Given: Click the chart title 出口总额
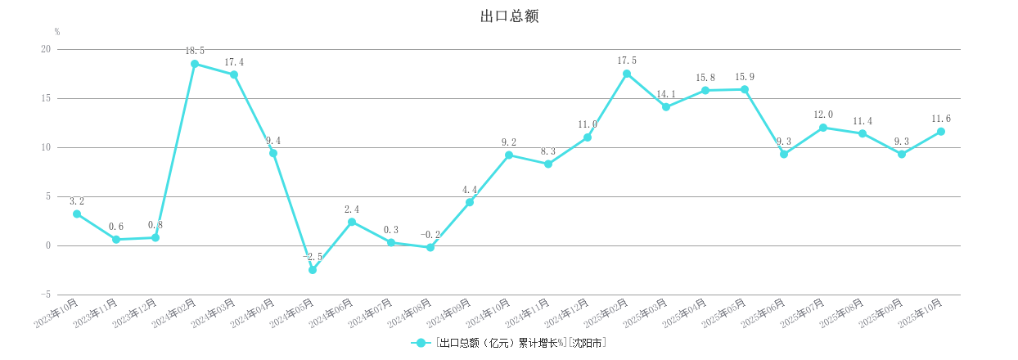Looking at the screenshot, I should pyautogui.click(x=509, y=16).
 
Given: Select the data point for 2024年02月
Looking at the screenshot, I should pyautogui.click(x=195, y=64).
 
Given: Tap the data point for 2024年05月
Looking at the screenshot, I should pyautogui.click(x=313, y=270).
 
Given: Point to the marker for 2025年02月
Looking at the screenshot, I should pyautogui.click(x=627, y=74).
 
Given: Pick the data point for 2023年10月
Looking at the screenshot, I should pyautogui.click(x=77, y=214).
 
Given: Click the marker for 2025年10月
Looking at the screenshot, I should pyautogui.click(x=941, y=132).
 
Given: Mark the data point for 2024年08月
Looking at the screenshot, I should pyautogui.click(x=430, y=247).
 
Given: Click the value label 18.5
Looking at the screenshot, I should pyautogui.click(x=195, y=51).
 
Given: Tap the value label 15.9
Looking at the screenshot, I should pyautogui.click(x=745, y=77).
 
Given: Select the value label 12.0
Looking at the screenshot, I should pyautogui.click(x=823, y=115).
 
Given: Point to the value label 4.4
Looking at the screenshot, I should pyautogui.click(x=470, y=190).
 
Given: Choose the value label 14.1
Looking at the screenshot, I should pyautogui.click(x=666, y=94).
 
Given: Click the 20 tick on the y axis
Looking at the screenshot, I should pyautogui.click(x=45, y=49).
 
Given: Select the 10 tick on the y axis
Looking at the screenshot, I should pyautogui.click(x=45, y=147).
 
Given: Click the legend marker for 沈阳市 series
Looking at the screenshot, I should pyautogui.click(x=421, y=343).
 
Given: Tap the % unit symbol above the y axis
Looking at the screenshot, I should pyautogui.click(x=57, y=32).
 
